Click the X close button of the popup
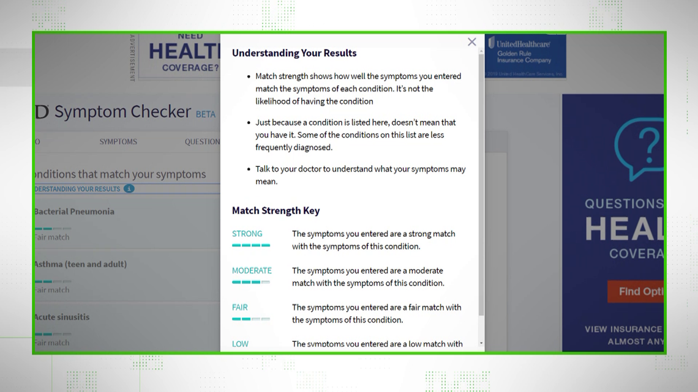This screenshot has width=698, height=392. tap(471, 42)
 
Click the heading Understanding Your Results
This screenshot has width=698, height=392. tap(294, 53)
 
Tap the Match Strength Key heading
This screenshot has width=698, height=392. tap(276, 210)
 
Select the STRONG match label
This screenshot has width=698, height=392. tap(247, 234)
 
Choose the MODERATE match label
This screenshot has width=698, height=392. tap(252, 270)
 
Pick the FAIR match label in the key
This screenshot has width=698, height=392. tap(239, 307)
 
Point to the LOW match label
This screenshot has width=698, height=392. tap(240, 344)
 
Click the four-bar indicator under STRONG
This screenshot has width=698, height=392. tap(251, 245)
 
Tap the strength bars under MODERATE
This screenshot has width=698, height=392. tap(251, 282)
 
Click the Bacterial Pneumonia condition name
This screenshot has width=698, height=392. tap(74, 212)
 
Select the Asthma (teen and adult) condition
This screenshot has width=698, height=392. tap(80, 264)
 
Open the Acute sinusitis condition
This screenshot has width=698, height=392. tap(62, 317)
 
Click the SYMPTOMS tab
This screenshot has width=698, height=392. tap(118, 141)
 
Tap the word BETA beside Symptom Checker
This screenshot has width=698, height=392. tap(205, 114)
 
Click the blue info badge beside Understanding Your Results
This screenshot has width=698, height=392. tap(129, 189)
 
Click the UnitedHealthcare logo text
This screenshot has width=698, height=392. tap(523, 44)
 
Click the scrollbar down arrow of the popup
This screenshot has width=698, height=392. tap(481, 344)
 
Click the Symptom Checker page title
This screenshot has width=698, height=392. tap(122, 112)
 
